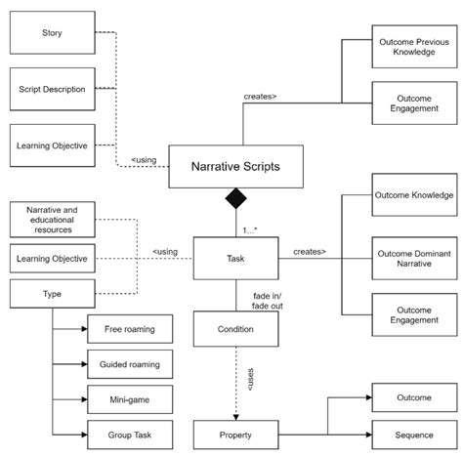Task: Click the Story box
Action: point(52,33)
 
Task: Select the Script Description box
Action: point(52,90)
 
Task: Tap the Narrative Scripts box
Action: point(234,166)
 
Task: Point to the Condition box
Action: point(234,329)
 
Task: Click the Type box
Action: point(52,293)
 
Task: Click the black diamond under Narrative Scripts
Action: point(234,200)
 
